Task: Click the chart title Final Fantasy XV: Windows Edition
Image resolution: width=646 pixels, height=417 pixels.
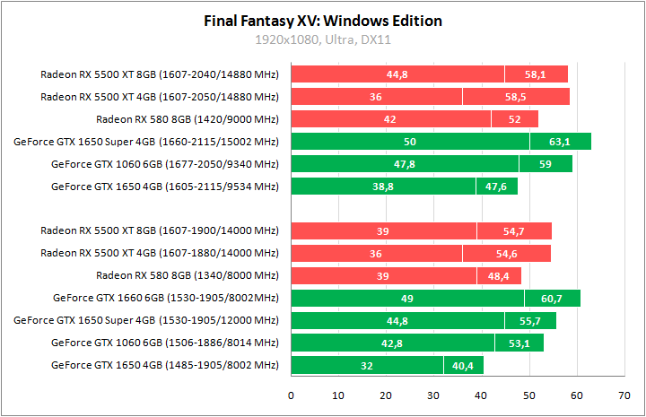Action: point(323,21)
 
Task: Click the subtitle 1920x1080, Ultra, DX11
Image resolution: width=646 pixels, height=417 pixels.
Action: point(323,39)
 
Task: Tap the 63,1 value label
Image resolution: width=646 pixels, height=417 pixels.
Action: point(560,142)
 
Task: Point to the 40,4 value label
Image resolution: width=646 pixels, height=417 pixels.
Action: point(463,366)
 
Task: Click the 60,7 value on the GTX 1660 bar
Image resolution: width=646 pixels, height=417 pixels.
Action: point(552,299)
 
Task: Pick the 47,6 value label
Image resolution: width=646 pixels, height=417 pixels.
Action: point(496,187)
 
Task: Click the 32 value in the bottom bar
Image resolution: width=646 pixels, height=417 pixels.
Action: point(366,366)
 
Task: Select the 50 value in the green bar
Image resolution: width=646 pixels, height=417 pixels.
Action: point(410,142)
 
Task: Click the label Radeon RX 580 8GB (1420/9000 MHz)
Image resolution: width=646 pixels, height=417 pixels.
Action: point(188,119)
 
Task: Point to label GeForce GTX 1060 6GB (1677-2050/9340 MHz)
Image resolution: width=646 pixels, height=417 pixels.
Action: point(165,164)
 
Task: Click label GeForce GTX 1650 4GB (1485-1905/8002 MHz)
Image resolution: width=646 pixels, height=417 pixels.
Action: point(165,366)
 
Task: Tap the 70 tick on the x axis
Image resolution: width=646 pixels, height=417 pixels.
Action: point(624,395)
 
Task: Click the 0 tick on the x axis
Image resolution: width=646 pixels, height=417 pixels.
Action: point(291,395)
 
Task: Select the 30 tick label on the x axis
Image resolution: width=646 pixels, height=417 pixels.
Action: point(433,395)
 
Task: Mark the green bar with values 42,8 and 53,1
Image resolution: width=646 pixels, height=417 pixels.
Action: point(417,343)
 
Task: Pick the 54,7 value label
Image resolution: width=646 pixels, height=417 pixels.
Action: point(513,231)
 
